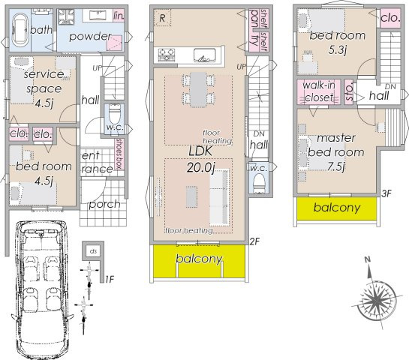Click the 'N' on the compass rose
[367, 260]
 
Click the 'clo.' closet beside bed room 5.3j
[389, 17]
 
